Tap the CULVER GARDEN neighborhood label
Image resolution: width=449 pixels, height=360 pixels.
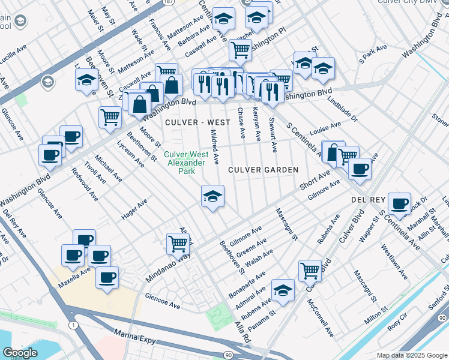coord(263,170)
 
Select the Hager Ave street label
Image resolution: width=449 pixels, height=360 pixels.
coord(134,212)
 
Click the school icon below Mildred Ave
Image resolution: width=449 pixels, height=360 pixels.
coord(212,196)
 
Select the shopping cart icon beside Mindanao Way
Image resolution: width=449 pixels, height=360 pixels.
coord(178,244)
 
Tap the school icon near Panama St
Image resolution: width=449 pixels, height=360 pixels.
coord(283,291)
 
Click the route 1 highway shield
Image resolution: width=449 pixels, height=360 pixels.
coord(73,325)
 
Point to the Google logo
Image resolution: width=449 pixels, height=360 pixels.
coord(20,353)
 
